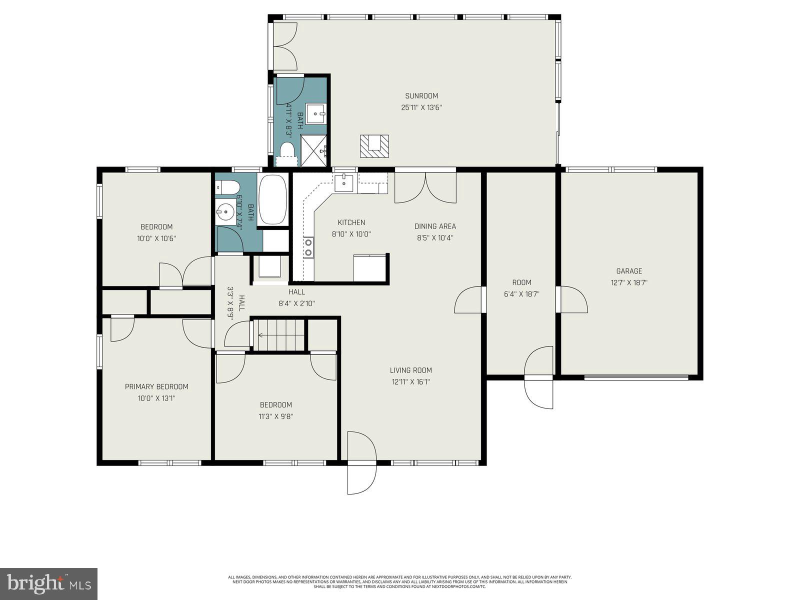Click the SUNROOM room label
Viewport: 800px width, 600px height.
click(x=421, y=96)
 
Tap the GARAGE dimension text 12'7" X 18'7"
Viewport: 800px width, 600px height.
click(x=629, y=282)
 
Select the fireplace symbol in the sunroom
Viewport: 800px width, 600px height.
click(x=374, y=146)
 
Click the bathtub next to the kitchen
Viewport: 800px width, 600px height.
click(x=273, y=200)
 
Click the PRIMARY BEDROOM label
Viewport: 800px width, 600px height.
click(x=156, y=386)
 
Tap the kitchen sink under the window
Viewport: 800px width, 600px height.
click(x=344, y=183)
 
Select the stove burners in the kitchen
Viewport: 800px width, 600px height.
click(x=308, y=247)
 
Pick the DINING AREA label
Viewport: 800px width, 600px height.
click(x=435, y=226)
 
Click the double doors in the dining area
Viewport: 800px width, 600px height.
click(x=425, y=188)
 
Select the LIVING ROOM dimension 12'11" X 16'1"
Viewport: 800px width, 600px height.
click(x=410, y=382)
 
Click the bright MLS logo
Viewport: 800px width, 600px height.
click(x=48, y=583)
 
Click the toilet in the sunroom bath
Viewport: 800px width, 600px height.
click(x=287, y=150)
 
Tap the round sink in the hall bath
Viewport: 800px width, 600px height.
click(x=225, y=212)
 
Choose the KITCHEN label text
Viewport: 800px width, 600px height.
click(x=351, y=222)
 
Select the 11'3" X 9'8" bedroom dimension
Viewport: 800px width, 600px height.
click(x=275, y=416)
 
